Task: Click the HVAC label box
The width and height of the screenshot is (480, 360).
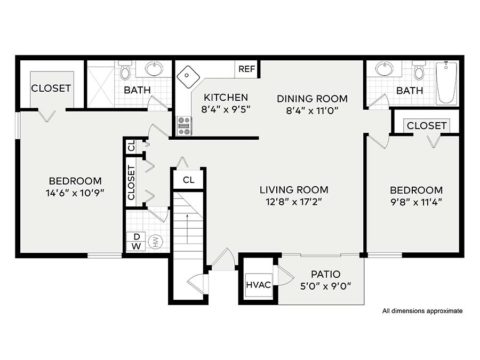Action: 257,287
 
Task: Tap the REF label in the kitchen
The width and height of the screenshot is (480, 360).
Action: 247,70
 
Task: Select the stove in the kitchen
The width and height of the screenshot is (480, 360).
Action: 184,125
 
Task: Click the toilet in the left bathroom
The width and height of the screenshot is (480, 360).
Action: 125,73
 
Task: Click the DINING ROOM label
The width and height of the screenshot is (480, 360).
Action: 311,98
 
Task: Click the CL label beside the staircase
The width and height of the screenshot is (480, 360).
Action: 187,181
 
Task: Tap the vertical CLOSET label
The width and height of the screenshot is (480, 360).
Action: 131,183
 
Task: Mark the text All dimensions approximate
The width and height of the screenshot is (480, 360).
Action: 422,311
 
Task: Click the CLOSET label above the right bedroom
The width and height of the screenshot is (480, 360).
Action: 426,125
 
